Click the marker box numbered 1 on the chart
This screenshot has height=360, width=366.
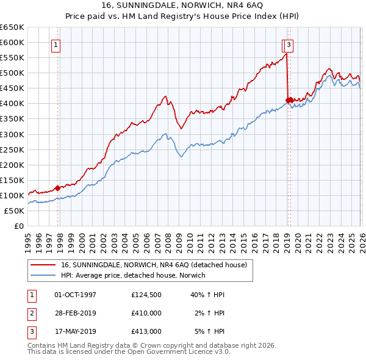pos(56,44)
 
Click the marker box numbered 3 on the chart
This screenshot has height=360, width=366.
pos(289,44)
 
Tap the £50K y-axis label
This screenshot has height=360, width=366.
pos(15,211)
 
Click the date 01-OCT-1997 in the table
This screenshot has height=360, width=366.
pos(76,295)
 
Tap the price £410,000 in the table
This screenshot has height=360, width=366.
pos(146,313)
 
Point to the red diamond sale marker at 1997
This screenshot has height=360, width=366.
pos(57,188)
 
